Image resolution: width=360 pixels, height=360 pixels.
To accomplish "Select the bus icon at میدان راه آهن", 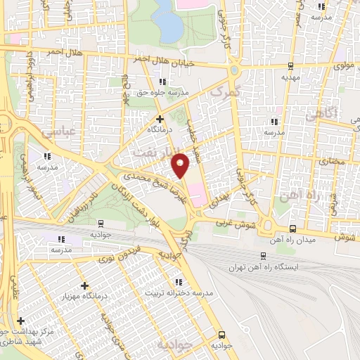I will click(292, 228).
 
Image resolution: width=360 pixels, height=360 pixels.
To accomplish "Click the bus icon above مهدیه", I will click(290, 67).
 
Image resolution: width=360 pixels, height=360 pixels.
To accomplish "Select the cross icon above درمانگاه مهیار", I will click(86, 286).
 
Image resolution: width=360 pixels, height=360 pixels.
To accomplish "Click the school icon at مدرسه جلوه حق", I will click(163, 82).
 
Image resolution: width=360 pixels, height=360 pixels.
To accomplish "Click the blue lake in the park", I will click(167, 20).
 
